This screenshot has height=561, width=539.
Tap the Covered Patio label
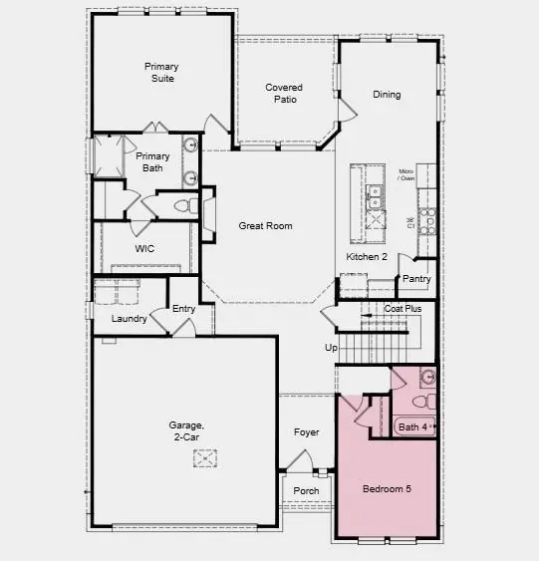284,94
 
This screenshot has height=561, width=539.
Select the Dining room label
387,95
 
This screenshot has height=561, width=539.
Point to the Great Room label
265,226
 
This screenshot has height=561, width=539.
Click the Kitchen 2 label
366,257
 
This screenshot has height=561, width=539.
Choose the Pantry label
416,279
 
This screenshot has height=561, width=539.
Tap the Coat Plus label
404,310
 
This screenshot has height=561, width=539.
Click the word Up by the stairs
332,348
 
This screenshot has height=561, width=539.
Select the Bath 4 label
412,427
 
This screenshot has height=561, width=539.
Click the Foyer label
306,432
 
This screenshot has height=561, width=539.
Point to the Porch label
306,490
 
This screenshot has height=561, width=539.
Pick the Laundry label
130,319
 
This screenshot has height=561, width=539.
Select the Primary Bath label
152,162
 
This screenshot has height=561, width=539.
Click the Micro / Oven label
406,175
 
